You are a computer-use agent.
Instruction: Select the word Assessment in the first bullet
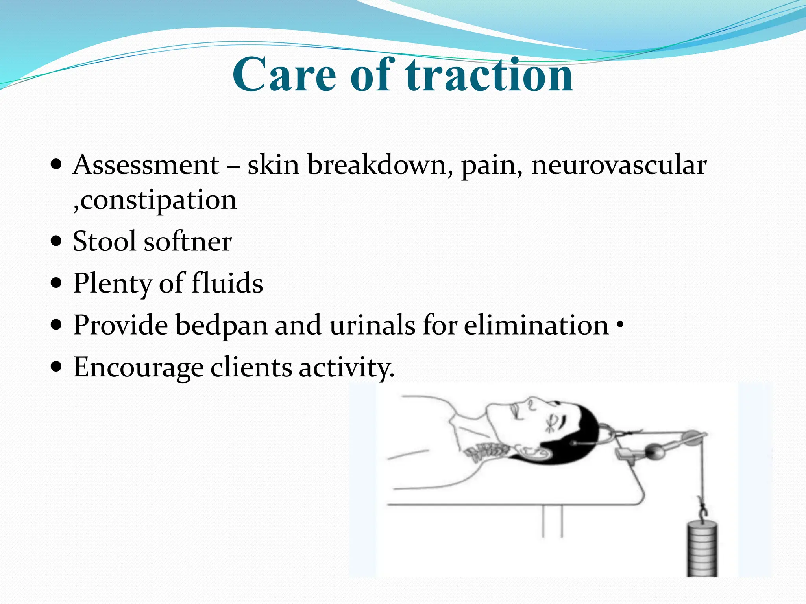tap(146, 165)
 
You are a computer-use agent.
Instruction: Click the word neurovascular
tap(619, 165)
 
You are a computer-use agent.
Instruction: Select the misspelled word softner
tap(188, 241)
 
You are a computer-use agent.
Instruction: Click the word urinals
tap(372, 326)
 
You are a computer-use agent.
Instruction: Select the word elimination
tap(536, 326)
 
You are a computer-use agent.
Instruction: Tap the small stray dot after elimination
tap(620, 324)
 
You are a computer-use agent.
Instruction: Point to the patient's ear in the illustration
tap(533, 452)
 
